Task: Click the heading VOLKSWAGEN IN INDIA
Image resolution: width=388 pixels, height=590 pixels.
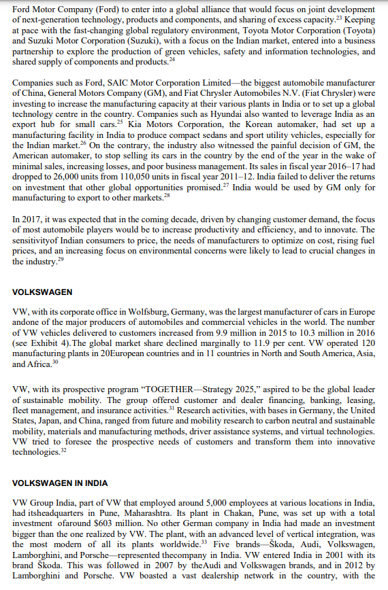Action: pos(60,483)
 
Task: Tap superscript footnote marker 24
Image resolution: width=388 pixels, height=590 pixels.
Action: pos(172,60)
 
